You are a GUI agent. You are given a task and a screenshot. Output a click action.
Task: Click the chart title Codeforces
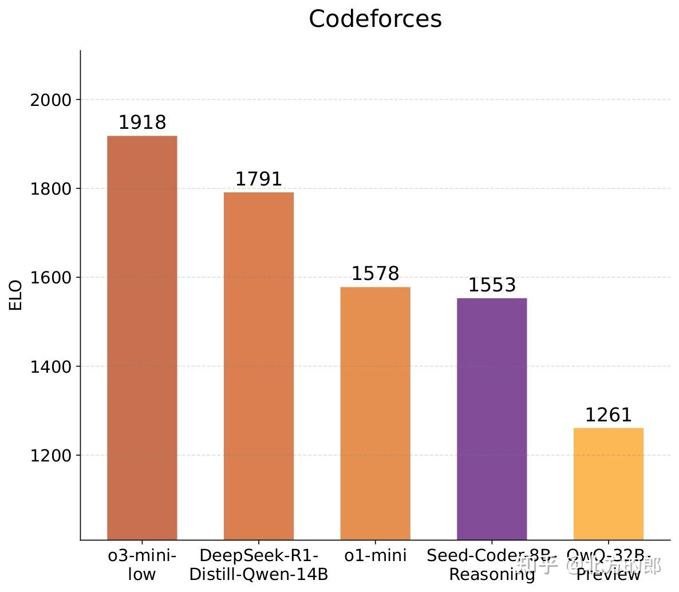tap(375, 19)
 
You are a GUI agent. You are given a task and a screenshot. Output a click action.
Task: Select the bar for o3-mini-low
tap(142, 337)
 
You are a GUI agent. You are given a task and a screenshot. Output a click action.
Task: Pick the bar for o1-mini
tap(375, 413)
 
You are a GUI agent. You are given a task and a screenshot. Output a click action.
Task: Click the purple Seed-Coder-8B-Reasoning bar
tap(491, 419)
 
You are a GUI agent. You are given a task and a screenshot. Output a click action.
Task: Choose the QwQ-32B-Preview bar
tap(608, 483)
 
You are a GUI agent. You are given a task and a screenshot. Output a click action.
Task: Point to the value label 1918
tap(142, 123)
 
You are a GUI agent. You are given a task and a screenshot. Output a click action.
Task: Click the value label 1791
tap(258, 179)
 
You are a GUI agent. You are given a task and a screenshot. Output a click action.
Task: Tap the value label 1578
tap(375, 274)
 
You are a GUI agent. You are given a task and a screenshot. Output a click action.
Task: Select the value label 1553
tap(492, 285)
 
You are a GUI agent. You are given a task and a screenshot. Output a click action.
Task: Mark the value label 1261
tap(608, 415)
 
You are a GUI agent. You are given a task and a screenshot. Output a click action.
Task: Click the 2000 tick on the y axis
tap(51, 100)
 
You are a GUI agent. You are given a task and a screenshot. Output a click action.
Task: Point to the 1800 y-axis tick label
tap(51, 189)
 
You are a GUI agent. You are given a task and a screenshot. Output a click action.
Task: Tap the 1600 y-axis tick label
tap(51, 278)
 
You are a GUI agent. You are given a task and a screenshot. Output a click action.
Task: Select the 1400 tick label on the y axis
tap(51, 366)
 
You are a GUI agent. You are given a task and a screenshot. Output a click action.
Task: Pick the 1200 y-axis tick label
tap(51, 456)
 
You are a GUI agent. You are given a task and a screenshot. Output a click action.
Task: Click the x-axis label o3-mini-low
tap(142, 565)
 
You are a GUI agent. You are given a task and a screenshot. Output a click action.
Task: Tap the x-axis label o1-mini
tap(375, 555)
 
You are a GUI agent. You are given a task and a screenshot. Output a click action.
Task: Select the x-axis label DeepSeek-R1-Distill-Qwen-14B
tap(258, 565)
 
